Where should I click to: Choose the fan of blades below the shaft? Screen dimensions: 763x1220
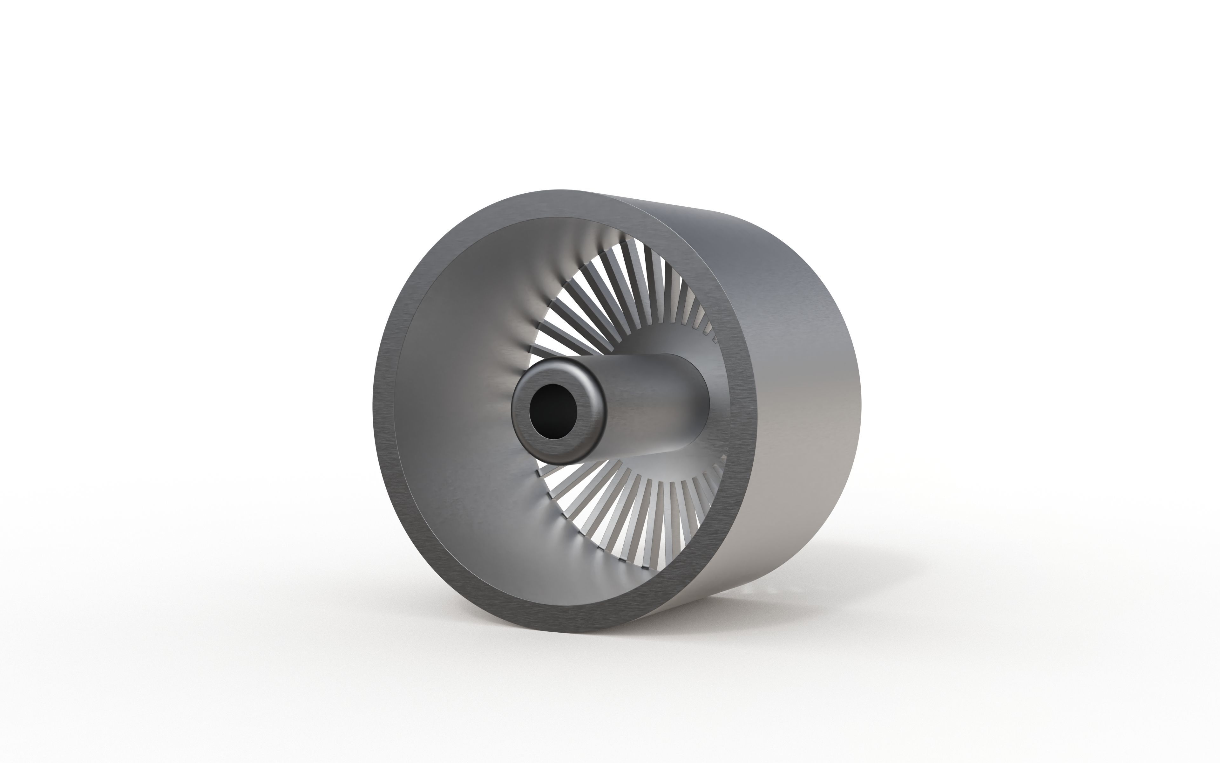(630, 510)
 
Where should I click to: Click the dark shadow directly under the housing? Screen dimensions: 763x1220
(706, 613)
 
